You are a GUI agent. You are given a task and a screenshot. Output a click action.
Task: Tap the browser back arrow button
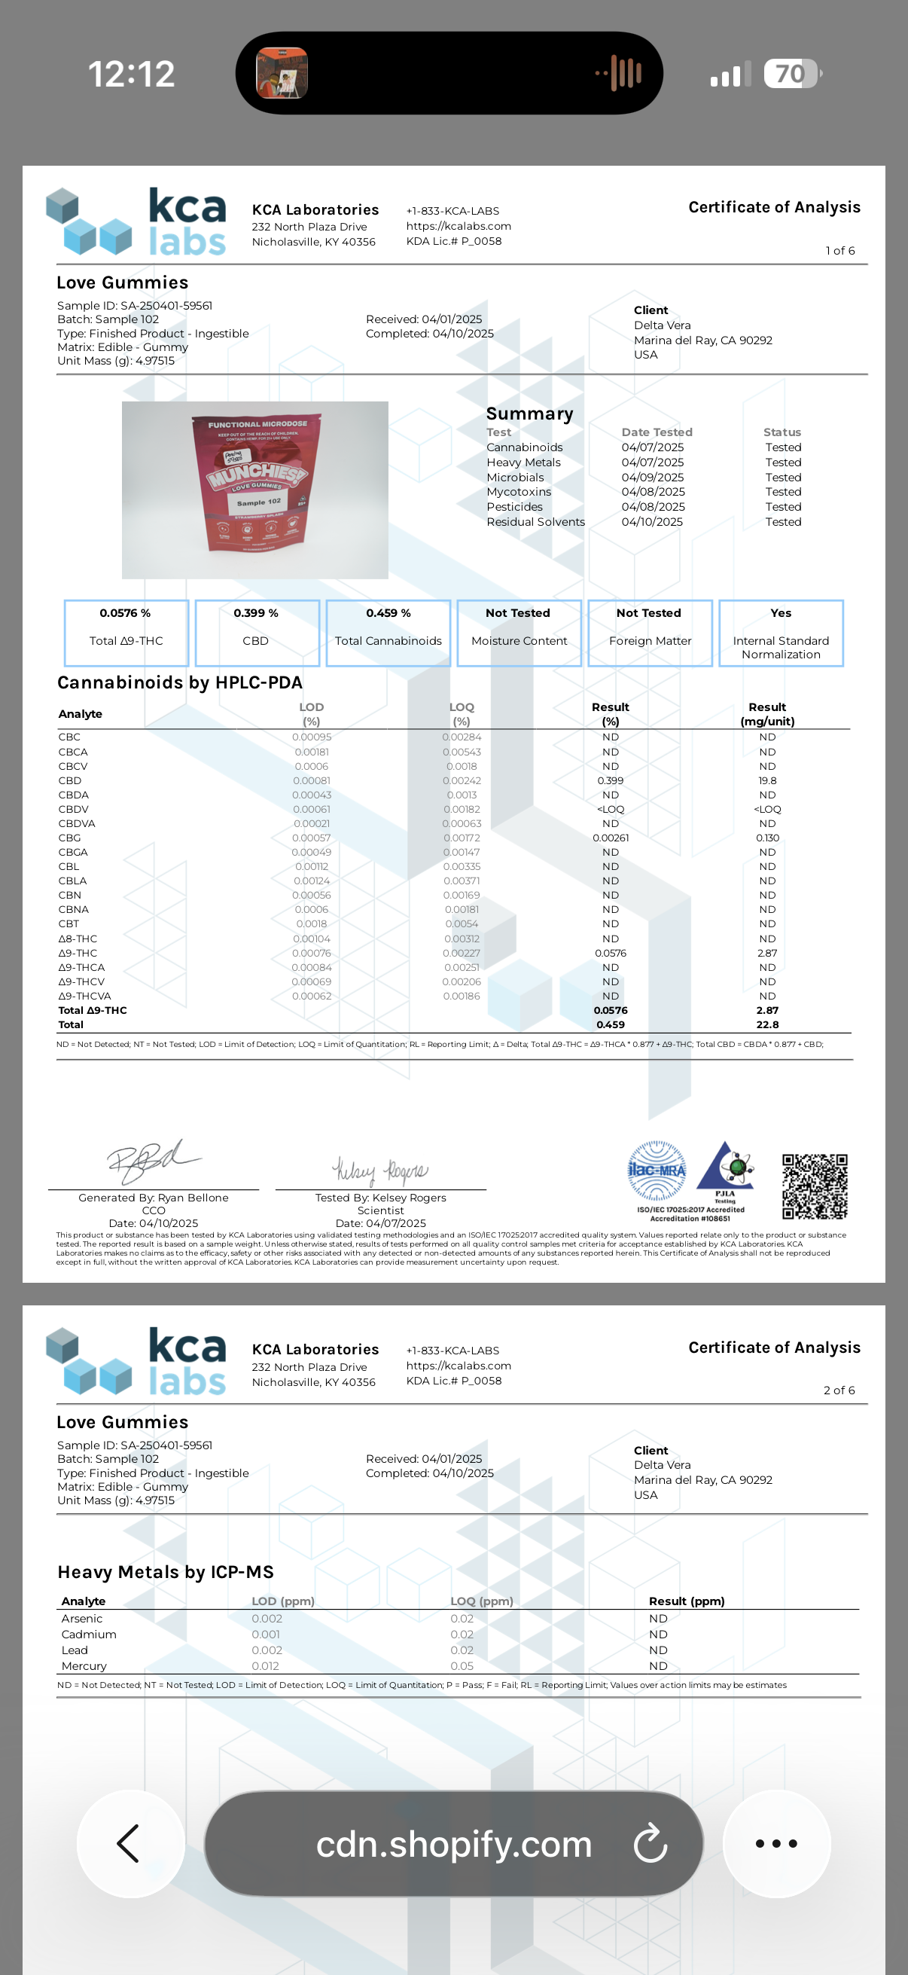[129, 1843]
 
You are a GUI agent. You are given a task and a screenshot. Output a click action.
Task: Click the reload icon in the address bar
[651, 1843]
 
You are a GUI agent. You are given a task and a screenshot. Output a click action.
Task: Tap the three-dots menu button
[776, 1843]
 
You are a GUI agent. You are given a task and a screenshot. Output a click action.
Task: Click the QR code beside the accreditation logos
[815, 1186]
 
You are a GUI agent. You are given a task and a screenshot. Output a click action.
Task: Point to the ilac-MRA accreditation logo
[657, 1170]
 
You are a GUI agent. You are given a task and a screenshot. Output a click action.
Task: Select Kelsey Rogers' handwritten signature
[380, 1171]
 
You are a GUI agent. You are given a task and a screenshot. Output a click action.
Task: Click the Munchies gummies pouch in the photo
[256, 484]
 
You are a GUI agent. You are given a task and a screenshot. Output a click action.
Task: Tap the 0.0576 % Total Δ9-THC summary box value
[125, 613]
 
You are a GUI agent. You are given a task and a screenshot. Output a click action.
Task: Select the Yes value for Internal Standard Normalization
[781, 613]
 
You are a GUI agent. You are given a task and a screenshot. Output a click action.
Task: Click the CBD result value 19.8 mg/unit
[767, 780]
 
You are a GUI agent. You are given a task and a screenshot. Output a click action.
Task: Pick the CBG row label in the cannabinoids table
[69, 838]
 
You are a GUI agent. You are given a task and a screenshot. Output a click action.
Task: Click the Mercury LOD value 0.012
[265, 1666]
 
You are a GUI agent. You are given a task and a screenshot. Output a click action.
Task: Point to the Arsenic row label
[82, 1619]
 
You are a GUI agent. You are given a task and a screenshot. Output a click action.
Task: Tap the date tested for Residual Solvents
[652, 522]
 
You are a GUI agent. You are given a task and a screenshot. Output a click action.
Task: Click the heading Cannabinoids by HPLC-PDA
[180, 682]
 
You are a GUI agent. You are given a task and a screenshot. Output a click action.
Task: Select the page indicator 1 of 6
[839, 251]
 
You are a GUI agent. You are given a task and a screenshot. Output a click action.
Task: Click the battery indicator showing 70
[791, 74]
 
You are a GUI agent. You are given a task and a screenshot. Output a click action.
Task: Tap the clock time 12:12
[132, 74]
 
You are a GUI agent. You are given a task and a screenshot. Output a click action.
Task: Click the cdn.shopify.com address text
[453, 1844]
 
